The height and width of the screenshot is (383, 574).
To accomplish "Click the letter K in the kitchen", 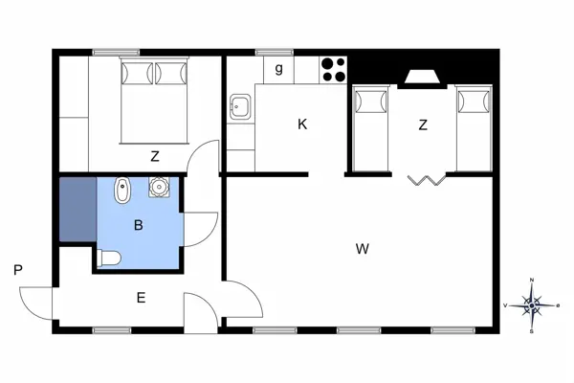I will pyautogui.click(x=302, y=124).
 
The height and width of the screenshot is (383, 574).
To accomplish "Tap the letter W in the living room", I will pyautogui.click(x=362, y=250).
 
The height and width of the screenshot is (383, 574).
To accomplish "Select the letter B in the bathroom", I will pyautogui.click(x=139, y=226).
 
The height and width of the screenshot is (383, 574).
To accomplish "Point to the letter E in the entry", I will pyautogui.click(x=141, y=298).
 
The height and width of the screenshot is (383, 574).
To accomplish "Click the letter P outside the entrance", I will pyautogui.click(x=18, y=271).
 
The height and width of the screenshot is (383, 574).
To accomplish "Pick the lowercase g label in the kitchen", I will pyautogui.click(x=278, y=68).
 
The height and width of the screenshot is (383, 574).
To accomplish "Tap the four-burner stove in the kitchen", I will pyautogui.click(x=333, y=70).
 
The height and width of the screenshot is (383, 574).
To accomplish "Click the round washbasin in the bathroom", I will pyautogui.click(x=158, y=188).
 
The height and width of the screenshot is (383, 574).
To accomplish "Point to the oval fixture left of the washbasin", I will pyautogui.click(x=121, y=192).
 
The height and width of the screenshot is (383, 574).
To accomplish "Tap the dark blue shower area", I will pyautogui.click(x=77, y=208).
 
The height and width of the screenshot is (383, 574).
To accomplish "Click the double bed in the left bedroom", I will pyautogui.click(x=153, y=100).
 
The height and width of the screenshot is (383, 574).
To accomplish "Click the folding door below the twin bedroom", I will pyautogui.click(x=423, y=179).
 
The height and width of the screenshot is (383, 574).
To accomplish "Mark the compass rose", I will pyautogui.click(x=532, y=305).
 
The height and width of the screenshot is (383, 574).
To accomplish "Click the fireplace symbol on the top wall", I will pyautogui.click(x=421, y=77).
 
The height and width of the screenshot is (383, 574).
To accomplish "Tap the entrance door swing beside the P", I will pyautogui.click(x=35, y=303).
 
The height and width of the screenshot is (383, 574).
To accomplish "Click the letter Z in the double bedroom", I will pyautogui.click(x=154, y=156).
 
